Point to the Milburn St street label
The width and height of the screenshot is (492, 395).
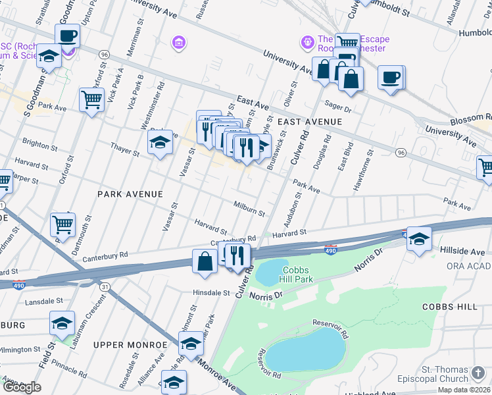click(x=249, y=209)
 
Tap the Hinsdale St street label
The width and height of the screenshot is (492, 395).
click(x=210, y=292)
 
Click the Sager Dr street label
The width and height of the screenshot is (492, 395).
click(x=339, y=106)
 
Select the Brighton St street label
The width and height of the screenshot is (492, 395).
click(x=36, y=143)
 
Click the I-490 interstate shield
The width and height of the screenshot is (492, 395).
click(x=331, y=249)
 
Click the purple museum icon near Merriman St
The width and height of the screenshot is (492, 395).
click(x=178, y=43)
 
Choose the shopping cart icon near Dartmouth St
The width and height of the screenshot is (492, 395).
click(x=63, y=224)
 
